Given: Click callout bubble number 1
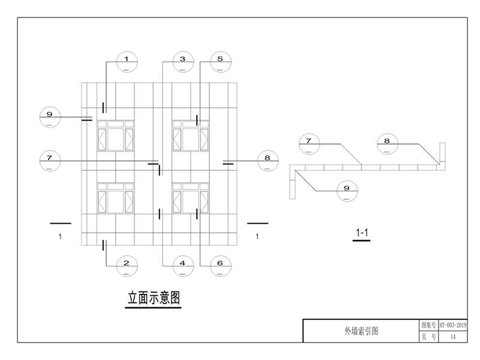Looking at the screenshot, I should pyautogui.click(x=127, y=62).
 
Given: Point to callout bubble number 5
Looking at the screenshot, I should pyautogui.click(x=220, y=62).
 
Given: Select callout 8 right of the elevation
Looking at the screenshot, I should pyautogui.click(x=267, y=161).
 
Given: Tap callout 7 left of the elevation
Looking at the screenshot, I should pyautogui.click(x=50, y=161).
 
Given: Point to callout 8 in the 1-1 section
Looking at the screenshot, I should pyautogui.click(x=387, y=145).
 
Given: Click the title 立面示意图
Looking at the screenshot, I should pyautogui.click(x=154, y=298).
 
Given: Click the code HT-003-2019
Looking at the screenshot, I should pyautogui.click(x=453, y=325).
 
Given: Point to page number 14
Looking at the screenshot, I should pyautogui.click(x=453, y=337).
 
